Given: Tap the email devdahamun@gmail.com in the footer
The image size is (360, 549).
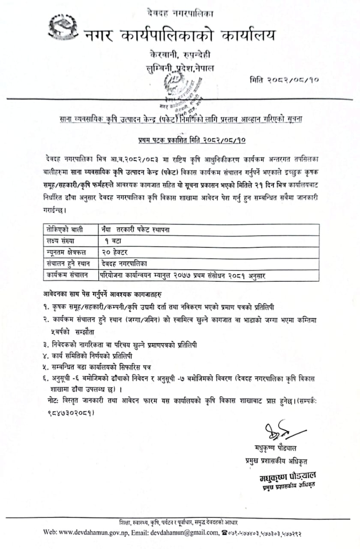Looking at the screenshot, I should coord(184,532).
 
